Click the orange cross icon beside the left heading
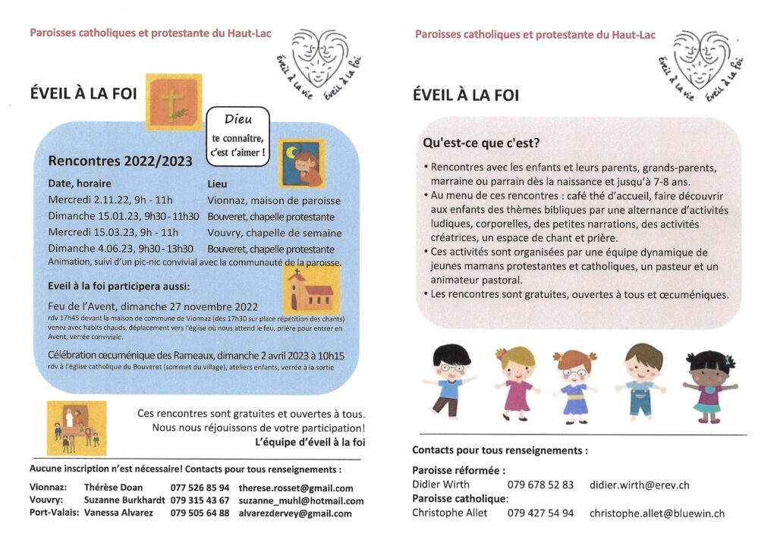173,102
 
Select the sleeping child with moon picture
301,163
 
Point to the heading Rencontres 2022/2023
120,161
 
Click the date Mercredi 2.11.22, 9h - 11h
111,200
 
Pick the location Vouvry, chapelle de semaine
274,233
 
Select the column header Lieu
217,184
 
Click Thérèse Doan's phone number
200,488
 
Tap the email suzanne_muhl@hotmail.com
300,500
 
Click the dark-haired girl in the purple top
709,383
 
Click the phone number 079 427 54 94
540,513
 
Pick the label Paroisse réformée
459,470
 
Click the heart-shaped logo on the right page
701,61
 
